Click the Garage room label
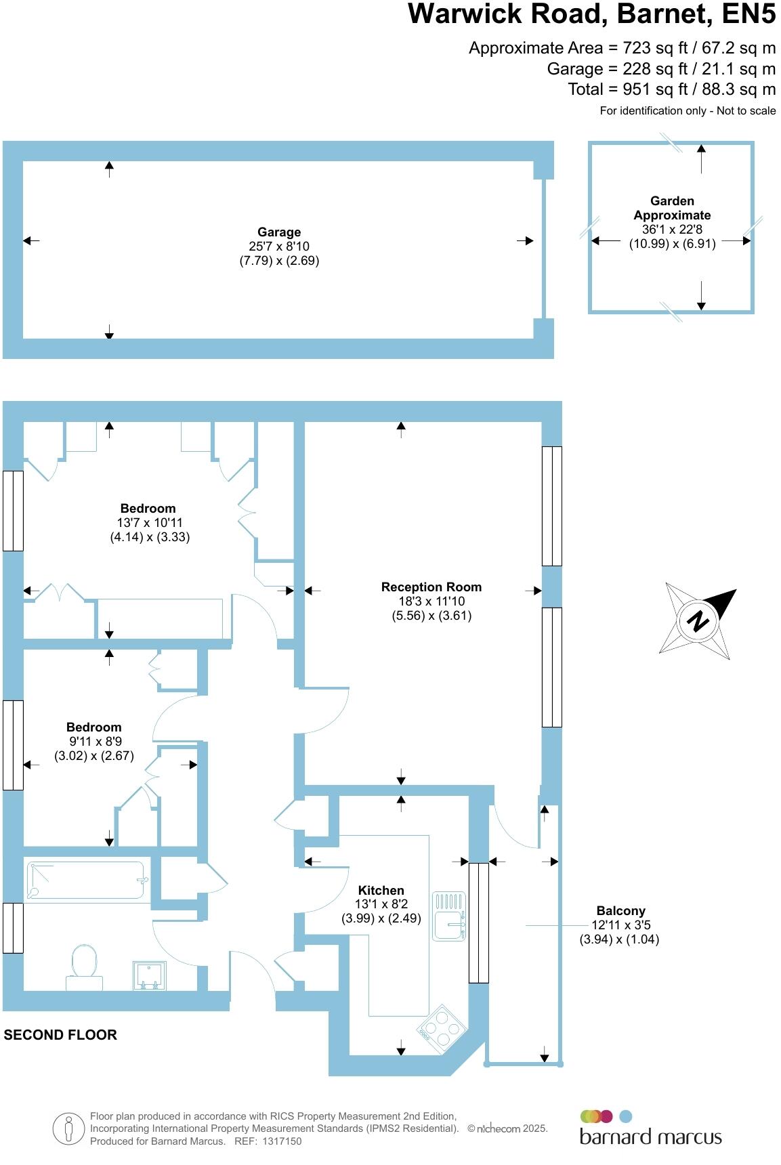278,232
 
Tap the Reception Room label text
431,587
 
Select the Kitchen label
381,890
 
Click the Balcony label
620,911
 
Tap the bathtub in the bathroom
85,880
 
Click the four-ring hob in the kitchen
442,1029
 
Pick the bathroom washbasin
149,976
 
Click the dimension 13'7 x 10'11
150,523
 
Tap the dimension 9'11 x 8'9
95,742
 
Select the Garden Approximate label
672,208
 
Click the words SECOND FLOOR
60,1035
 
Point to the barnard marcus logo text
650,1137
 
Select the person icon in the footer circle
68,1129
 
